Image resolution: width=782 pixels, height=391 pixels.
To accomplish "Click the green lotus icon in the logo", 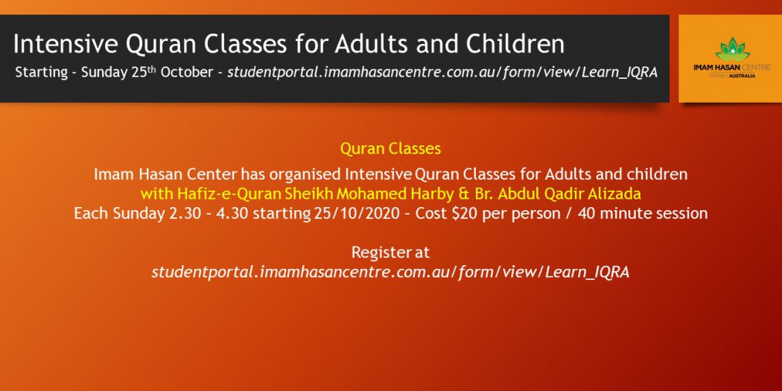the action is point(732,49).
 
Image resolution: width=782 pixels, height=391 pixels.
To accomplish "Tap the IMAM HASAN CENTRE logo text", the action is point(731,67).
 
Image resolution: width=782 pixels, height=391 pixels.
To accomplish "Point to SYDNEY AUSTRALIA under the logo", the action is point(731,75).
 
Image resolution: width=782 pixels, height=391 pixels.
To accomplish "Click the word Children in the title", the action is point(515,44).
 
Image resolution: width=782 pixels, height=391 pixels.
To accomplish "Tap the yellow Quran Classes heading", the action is point(390,149).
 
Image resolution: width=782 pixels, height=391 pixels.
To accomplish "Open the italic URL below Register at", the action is point(390,273).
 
